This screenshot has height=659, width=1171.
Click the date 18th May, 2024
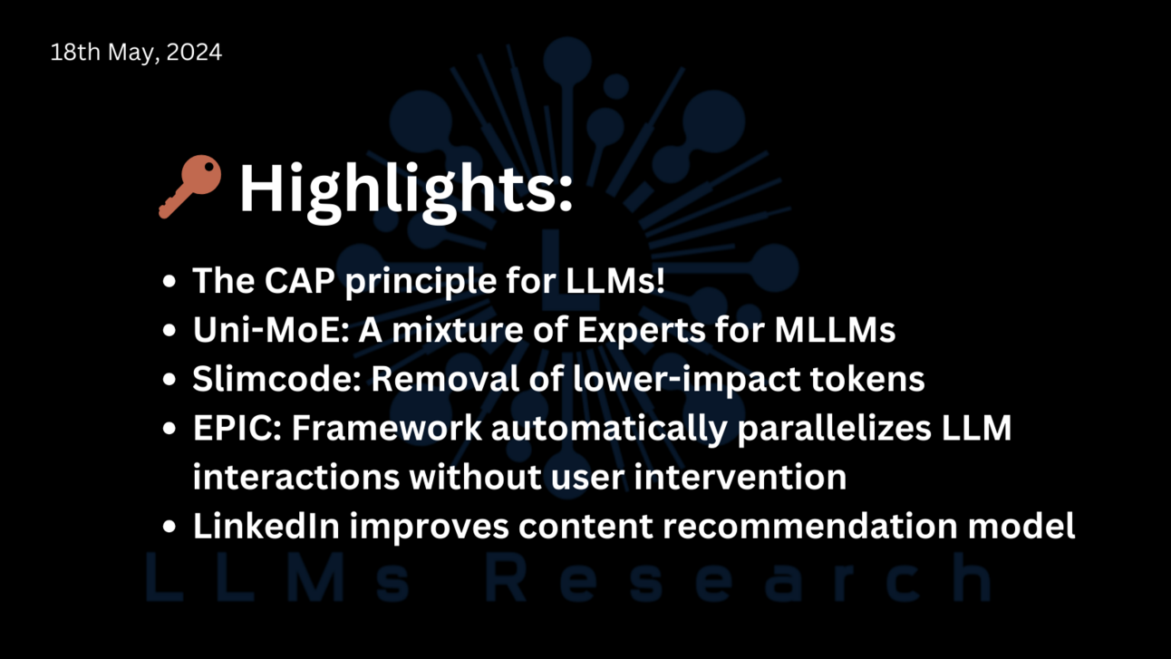(136, 53)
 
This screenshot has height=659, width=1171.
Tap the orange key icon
(189, 186)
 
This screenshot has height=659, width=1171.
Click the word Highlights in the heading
(405, 189)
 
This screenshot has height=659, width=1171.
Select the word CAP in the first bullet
(298, 281)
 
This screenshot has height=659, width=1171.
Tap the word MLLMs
(835, 330)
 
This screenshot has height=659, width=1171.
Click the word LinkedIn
(266, 526)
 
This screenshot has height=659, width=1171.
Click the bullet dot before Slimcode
(169, 380)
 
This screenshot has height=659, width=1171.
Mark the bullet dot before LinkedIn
(169, 527)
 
